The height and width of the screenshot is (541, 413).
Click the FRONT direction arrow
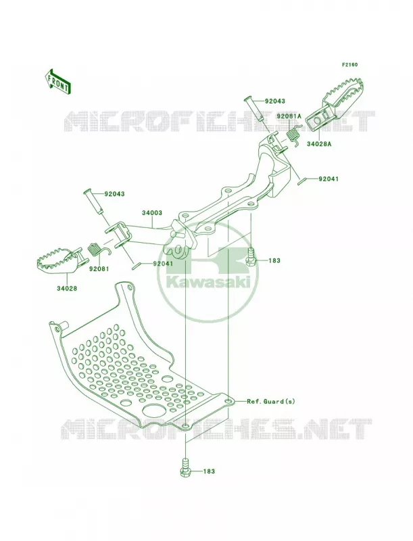[x=57, y=82]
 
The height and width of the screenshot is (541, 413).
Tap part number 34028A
[x=319, y=144]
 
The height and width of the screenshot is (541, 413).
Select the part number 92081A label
[x=289, y=116]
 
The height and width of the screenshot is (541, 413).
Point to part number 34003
[x=151, y=213]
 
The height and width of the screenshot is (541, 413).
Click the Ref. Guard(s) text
[x=271, y=402]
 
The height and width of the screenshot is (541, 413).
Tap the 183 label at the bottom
[x=209, y=471]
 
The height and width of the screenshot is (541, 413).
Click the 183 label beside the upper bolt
[x=274, y=261]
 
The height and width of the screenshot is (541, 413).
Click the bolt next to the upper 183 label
[x=251, y=257]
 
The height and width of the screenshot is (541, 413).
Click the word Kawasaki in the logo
[x=208, y=283]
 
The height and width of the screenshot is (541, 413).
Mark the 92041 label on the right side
[x=329, y=179]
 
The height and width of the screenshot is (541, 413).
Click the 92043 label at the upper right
[x=275, y=101]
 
